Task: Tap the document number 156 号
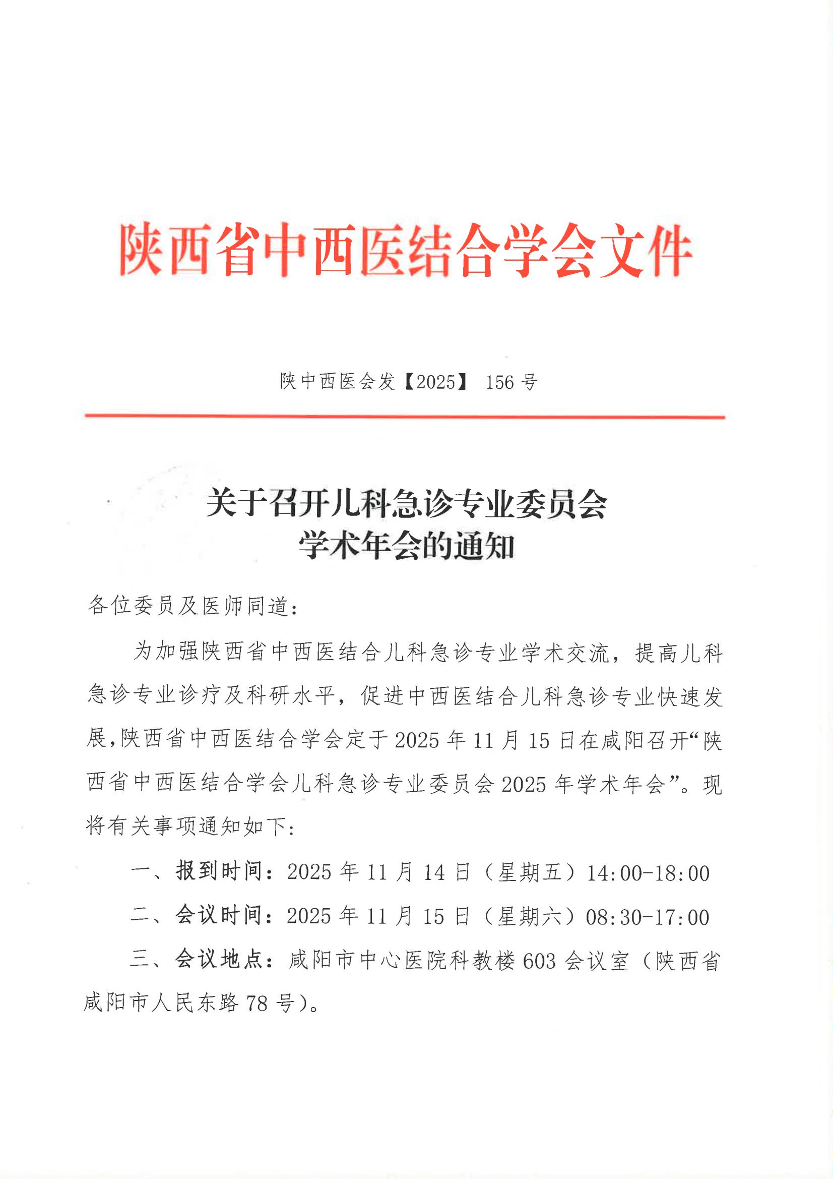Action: pos(511,382)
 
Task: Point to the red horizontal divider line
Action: pos(405,417)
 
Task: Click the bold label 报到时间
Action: pos(219,871)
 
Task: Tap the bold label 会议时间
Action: pos(219,916)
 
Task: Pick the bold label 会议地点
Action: pos(219,960)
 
